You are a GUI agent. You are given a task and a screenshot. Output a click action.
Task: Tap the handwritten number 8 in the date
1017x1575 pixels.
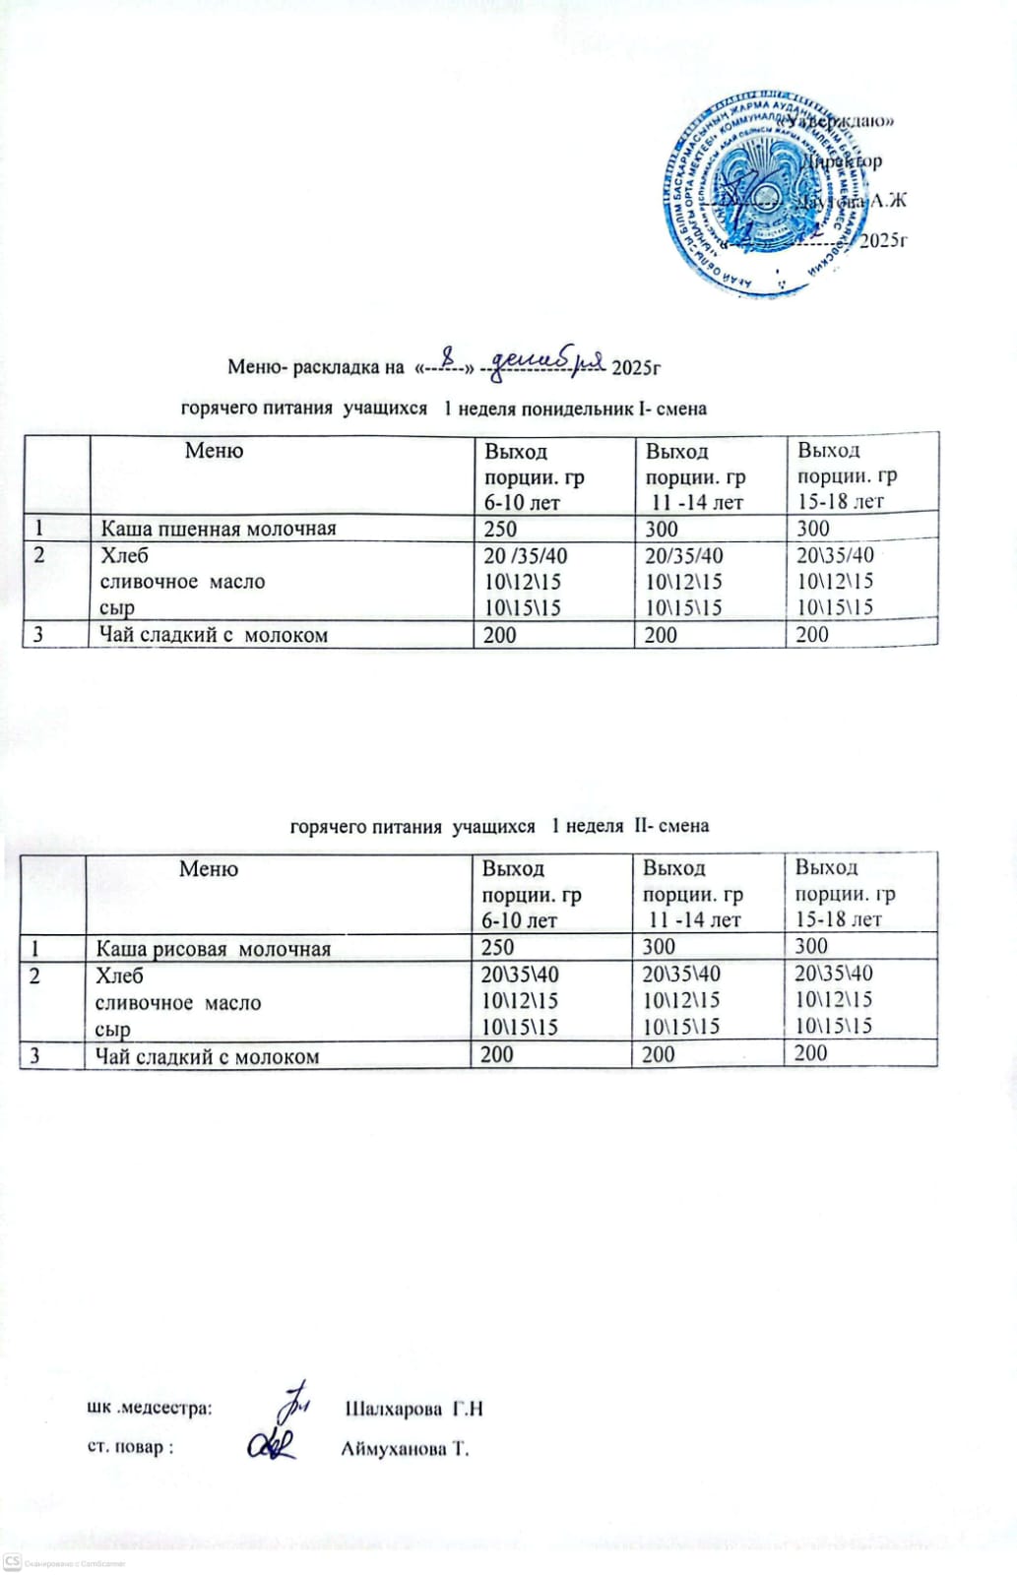pyautogui.click(x=450, y=356)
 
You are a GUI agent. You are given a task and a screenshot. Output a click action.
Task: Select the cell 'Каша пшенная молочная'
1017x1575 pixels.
pyautogui.click(x=219, y=529)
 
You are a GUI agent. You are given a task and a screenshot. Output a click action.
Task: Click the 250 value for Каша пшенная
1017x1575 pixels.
pyautogui.click(x=500, y=529)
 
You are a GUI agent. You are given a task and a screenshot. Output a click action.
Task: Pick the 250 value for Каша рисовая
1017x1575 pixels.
pyautogui.click(x=497, y=947)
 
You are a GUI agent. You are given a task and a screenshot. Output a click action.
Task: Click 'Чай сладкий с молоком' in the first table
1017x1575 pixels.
pyautogui.click(x=214, y=635)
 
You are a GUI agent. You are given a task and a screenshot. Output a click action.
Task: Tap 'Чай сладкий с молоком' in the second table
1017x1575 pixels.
pyautogui.click(x=207, y=1057)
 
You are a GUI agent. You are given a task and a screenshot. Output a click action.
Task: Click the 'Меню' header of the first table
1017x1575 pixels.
pyautogui.click(x=214, y=451)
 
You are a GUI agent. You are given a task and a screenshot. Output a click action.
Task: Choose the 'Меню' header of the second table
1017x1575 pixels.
pyautogui.click(x=209, y=869)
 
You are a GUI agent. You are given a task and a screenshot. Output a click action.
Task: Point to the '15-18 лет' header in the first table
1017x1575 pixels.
pyautogui.click(x=841, y=501)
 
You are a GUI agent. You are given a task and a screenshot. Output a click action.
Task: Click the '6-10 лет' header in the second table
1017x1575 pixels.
pyautogui.click(x=519, y=920)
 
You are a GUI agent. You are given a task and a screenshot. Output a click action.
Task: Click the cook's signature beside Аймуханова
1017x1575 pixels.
pyautogui.click(x=272, y=1444)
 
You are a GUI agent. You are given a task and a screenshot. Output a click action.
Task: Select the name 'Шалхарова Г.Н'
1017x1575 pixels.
pyautogui.click(x=413, y=1409)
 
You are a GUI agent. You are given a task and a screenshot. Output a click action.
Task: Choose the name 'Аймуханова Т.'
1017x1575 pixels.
pyautogui.click(x=405, y=1449)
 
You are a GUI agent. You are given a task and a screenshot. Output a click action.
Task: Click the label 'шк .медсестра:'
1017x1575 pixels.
pyautogui.click(x=150, y=1409)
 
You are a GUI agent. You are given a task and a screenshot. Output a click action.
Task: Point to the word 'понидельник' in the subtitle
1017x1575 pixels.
pyautogui.click(x=576, y=408)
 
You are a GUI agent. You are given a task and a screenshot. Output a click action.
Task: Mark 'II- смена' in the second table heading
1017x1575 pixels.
pyautogui.click(x=671, y=826)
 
